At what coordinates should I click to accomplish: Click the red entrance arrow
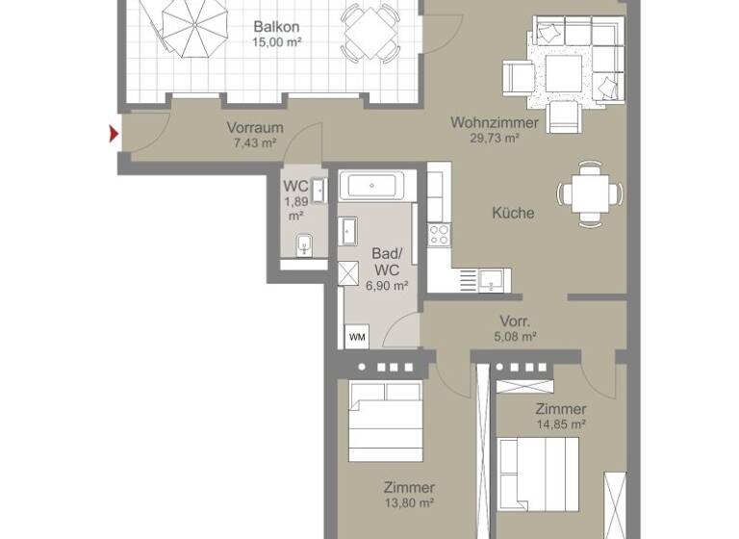click(x=115, y=135)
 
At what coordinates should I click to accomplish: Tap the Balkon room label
click(x=274, y=27)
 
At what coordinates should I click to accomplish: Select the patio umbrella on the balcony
click(x=195, y=25)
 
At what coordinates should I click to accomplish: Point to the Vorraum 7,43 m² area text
click(x=254, y=142)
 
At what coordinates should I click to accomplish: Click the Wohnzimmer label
click(x=486, y=122)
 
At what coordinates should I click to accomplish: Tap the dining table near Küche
click(x=590, y=194)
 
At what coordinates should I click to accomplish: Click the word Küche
click(x=512, y=213)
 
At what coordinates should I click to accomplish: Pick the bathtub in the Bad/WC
click(x=378, y=186)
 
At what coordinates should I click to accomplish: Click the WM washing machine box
click(x=357, y=337)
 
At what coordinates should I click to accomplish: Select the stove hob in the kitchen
click(x=439, y=234)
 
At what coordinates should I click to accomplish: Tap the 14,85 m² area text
click(x=561, y=423)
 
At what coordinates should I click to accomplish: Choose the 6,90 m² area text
click(x=387, y=285)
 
